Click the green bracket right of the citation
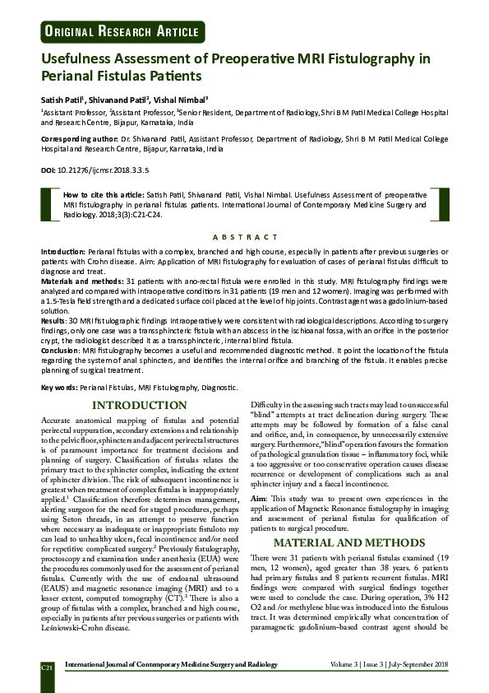[x=445, y=204]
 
